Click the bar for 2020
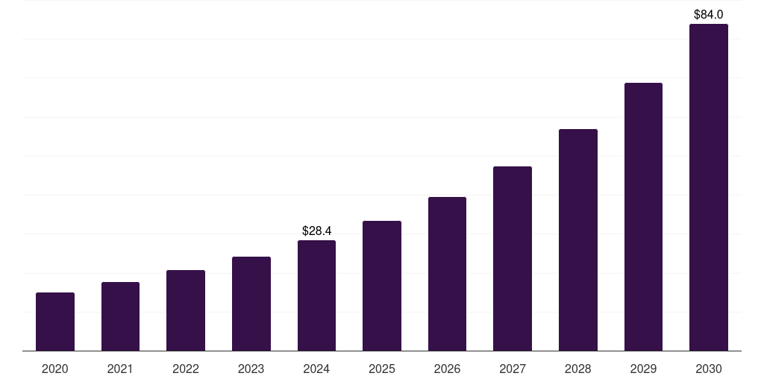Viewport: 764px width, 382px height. point(55,322)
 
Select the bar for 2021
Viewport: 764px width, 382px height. point(120,316)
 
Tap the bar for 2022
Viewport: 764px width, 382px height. point(186,310)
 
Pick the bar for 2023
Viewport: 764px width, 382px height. point(251,304)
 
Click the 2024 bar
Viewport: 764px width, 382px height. point(316,295)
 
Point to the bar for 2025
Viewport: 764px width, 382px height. point(382,286)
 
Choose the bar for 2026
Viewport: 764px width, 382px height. point(447,274)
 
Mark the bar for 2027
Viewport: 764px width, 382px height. point(513,258)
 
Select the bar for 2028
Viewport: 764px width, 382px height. point(578,239)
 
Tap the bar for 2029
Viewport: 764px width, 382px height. point(643,216)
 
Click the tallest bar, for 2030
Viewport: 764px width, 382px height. point(709,187)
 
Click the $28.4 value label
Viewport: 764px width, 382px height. point(316,231)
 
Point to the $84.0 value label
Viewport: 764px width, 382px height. point(709,14)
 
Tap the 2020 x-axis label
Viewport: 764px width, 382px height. point(55,369)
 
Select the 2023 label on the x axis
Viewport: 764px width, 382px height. point(251,369)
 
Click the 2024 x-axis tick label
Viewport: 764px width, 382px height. point(316,369)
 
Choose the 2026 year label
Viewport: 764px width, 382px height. point(447,369)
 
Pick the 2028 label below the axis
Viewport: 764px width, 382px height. point(578,369)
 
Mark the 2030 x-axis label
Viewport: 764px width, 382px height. point(709,369)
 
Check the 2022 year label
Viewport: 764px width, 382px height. point(186,369)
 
